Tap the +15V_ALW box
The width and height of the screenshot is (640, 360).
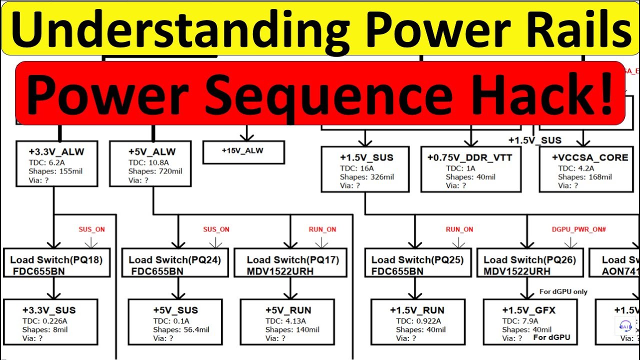pyautogui.click(x=243, y=151)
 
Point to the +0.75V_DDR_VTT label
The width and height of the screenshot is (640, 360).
pyautogui.click(x=469, y=157)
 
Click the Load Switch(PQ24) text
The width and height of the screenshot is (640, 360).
pyautogui.click(x=174, y=259)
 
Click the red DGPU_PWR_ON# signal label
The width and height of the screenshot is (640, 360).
pyautogui.click(x=578, y=229)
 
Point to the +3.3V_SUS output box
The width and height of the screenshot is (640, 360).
pyautogui.click(x=50, y=321)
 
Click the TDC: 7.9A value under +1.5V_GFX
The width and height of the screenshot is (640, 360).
pyautogui.click(x=520, y=320)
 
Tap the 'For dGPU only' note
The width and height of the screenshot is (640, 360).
pyautogui.click(x=563, y=291)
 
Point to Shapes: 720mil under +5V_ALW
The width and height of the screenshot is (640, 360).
pyautogui.click(x=155, y=171)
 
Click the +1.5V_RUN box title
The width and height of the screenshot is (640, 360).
pyautogui.click(x=417, y=310)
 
